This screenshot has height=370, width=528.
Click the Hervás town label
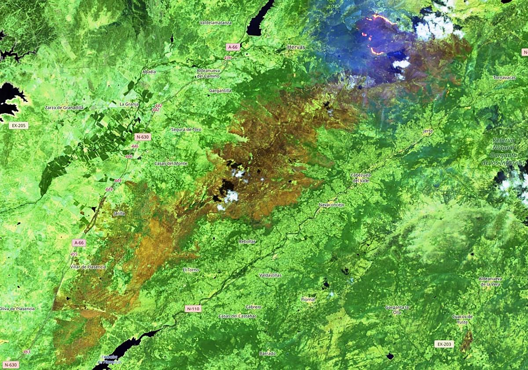(295, 46)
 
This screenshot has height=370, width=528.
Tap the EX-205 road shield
(19, 126)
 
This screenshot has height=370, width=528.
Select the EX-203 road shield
(444, 344)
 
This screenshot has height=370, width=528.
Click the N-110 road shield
(193, 309)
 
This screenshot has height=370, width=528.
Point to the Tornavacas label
(505, 78)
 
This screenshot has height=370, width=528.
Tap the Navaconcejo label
(331, 205)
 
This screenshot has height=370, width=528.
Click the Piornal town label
(308, 300)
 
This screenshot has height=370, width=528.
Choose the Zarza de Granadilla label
(64, 107)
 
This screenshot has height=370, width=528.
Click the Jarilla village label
(119, 213)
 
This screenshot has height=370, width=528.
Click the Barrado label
(268, 353)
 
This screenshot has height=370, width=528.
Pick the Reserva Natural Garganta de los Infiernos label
(509, 151)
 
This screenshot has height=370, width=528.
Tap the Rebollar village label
(247, 241)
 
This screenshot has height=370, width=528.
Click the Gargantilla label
(221, 90)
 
